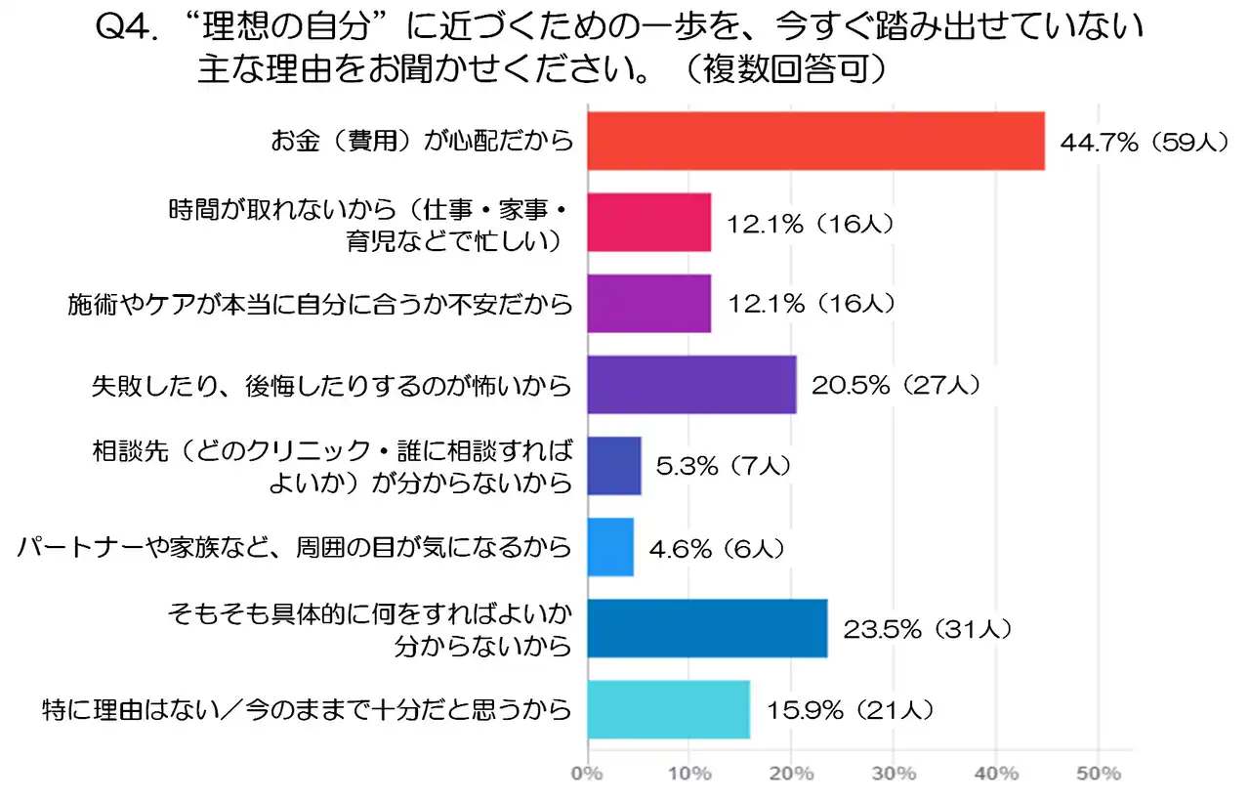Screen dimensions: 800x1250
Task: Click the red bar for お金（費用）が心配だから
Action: tap(815, 142)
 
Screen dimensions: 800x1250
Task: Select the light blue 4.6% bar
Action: tap(610, 548)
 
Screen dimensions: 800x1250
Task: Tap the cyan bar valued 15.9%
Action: tap(668, 709)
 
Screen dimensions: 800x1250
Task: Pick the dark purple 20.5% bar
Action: tap(691, 385)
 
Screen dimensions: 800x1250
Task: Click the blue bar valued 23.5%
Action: tap(707, 629)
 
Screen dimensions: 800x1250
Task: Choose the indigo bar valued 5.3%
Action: tap(614, 466)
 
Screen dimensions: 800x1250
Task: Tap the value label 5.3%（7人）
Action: tap(723, 466)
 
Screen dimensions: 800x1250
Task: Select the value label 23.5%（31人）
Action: tap(925, 629)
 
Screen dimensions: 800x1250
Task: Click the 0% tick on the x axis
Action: tap(587, 774)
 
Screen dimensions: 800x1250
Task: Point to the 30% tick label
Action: tap(894, 774)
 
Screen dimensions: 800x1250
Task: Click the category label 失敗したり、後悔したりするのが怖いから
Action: tap(326, 385)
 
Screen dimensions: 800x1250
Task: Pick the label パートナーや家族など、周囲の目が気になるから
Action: tap(294, 548)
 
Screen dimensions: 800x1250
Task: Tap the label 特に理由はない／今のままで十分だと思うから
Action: tap(308, 709)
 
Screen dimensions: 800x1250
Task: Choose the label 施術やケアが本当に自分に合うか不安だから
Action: tap(319, 304)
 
